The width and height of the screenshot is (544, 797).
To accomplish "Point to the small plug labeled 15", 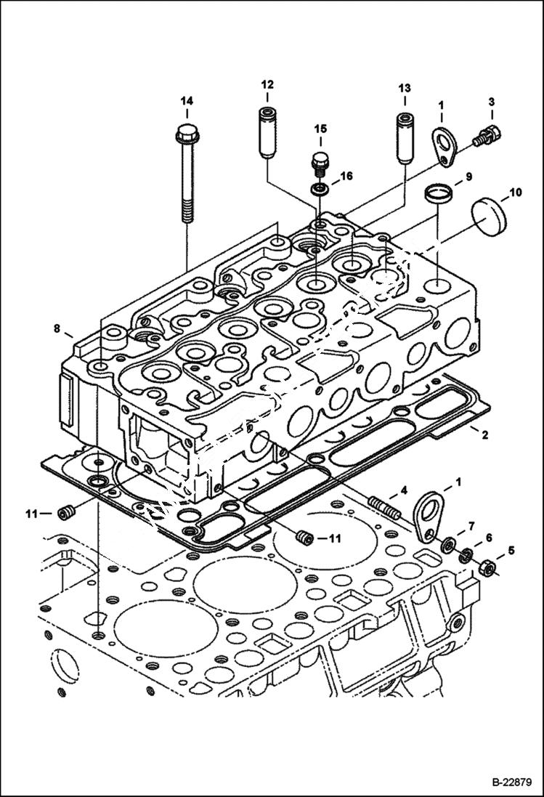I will (x=319, y=161).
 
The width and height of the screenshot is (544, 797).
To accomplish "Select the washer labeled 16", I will (x=319, y=189).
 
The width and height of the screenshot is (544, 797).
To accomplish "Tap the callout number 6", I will (x=489, y=537).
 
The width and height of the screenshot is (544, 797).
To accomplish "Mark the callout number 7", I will (x=471, y=525).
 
